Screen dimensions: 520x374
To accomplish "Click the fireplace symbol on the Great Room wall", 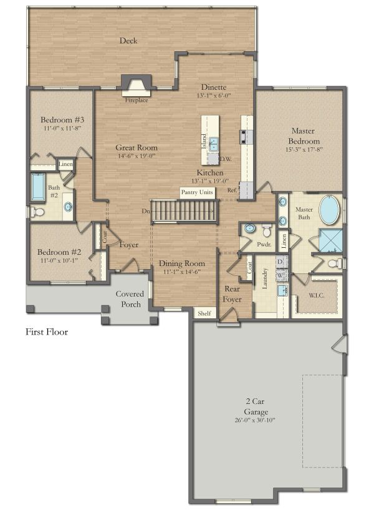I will pyautogui.click(x=135, y=85).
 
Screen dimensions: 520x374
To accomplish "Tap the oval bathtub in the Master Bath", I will pyautogui.click(x=330, y=210).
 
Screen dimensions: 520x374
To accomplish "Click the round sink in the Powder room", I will pyautogui.click(x=249, y=228).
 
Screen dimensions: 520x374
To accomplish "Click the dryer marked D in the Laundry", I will pyautogui.click(x=281, y=261).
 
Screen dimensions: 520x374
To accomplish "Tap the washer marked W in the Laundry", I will pyautogui.click(x=281, y=274).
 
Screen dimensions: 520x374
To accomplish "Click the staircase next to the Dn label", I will pyautogui.click(x=185, y=211).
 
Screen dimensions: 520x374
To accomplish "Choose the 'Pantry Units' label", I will pyautogui.click(x=197, y=192).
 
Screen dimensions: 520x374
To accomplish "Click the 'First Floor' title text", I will pyautogui.click(x=47, y=332).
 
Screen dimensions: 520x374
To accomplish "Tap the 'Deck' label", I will pyautogui.click(x=129, y=41).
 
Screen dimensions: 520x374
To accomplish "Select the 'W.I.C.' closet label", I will pyautogui.click(x=317, y=295).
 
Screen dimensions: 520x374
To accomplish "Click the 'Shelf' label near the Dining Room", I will pyautogui.click(x=204, y=314).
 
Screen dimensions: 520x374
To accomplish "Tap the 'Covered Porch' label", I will pyautogui.click(x=130, y=299).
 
